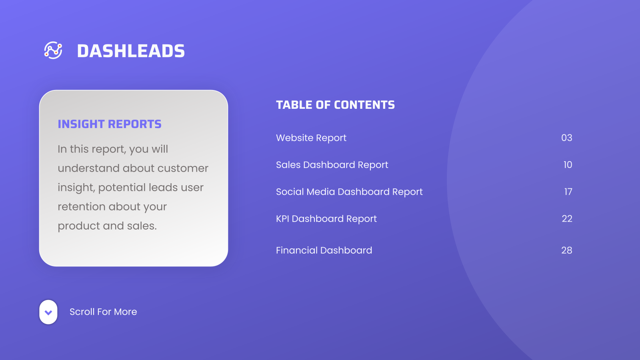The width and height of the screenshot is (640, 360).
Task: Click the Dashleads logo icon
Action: (53, 50)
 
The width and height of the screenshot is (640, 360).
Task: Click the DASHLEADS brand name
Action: (131, 51)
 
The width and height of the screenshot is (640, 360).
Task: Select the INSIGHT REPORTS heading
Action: (110, 124)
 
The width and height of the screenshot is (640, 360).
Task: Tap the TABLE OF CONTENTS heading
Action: (335, 105)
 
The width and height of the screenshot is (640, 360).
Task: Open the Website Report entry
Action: (311, 138)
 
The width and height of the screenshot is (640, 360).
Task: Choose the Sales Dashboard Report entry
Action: (332, 165)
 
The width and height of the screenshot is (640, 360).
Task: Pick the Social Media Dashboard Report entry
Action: (349, 192)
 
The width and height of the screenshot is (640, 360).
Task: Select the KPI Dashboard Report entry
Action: (326, 219)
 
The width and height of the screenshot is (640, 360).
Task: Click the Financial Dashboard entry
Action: (324, 250)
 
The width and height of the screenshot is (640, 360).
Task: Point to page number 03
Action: (566, 138)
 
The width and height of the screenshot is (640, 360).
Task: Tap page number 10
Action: (568, 165)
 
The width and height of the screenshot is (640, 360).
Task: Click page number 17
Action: (568, 192)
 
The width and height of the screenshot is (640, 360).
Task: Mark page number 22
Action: (567, 219)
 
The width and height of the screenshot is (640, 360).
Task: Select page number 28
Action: (566, 250)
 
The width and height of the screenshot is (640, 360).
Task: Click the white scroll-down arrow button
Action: (48, 312)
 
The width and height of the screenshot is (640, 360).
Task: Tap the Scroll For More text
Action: (103, 312)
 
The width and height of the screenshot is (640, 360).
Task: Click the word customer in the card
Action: (183, 168)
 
